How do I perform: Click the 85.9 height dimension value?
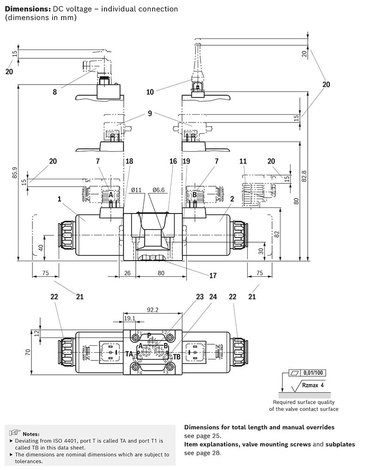pyautogui.click(x=14, y=173)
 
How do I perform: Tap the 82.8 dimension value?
pyautogui.click(x=304, y=177)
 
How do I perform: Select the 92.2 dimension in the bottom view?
pyautogui.click(x=152, y=310)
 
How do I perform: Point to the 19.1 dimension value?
pyautogui.click(x=129, y=318)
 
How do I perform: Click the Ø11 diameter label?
pyautogui.click(x=136, y=190)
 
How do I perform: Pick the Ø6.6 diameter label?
pyautogui.click(x=158, y=190)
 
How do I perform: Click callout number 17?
pyautogui.click(x=213, y=275)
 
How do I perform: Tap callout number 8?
pyautogui.click(x=55, y=92)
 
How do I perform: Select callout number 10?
pyautogui.click(x=150, y=92)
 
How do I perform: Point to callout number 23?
pyautogui.click(x=200, y=297)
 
